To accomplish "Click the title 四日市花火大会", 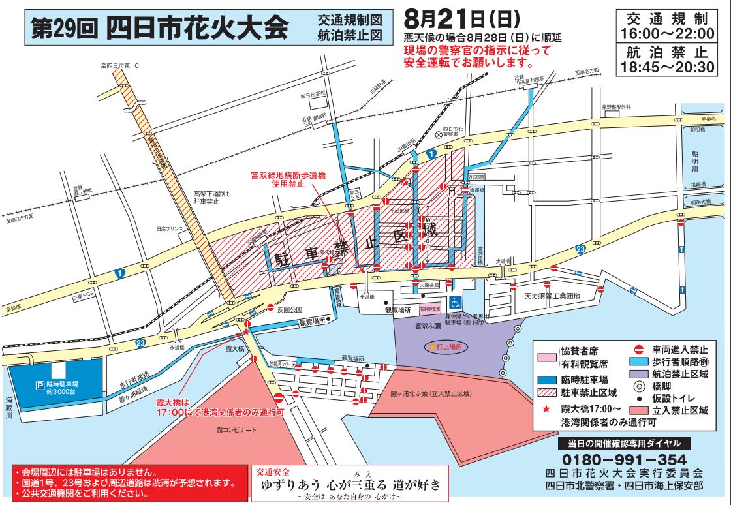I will [x=196, y=27].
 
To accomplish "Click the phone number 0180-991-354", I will [x=623, y=459].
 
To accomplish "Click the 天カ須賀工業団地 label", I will [x=552, y=296].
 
